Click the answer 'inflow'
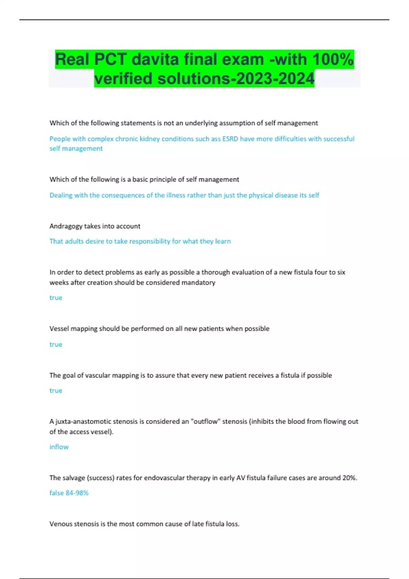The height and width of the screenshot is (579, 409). pyautogui.click(x=59, y=447)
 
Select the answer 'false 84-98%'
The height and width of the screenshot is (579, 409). pyautogui.click(x=69, y=493)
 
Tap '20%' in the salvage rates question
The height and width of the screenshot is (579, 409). pyautogui.click(x=350, y=478)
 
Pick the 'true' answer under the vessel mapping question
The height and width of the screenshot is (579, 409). pyautogui.click(x=56, y=344)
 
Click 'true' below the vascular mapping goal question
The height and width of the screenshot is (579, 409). pyautogui.click(x=56, y=391)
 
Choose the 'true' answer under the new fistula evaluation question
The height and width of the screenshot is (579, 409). pyautogui.click(x=56, y=298)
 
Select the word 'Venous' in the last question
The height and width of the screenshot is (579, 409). pyautogui.click(x=60, y=524)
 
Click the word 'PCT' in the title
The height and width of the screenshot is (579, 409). pyautogui.click(x=110, y=60)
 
